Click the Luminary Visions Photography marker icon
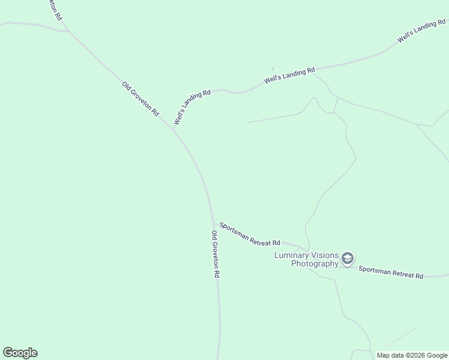[x=347, y=259]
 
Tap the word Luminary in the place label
[x=291, y=255]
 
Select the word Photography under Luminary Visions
[x=315, y=263]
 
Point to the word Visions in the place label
[x=324, y=255]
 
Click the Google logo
[x=20, y=353]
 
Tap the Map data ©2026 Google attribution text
[x=412, y=355]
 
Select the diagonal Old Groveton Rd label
[x=140, y=98]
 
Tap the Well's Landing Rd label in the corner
[x=422, y=33]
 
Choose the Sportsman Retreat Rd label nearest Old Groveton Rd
[x=250, y=235]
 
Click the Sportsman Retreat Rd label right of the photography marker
[x=391, y=272]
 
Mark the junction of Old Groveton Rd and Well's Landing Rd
[x=173, y=128]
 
